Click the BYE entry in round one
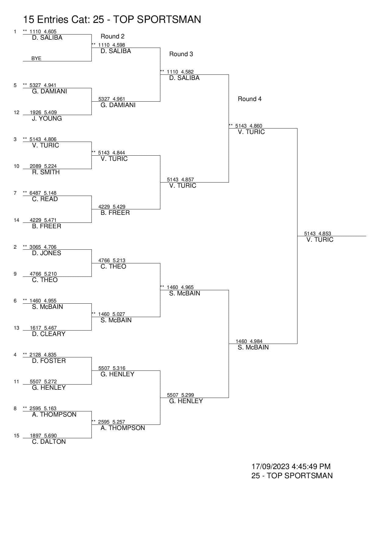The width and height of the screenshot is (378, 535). [36, 58]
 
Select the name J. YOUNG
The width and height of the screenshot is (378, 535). [47, 118]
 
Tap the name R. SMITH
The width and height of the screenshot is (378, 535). [46, 172]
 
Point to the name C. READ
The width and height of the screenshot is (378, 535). [45, 199]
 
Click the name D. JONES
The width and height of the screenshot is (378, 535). [47, 253]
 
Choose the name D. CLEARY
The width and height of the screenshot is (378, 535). [49, 334]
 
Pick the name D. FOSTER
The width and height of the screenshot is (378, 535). [49, 361]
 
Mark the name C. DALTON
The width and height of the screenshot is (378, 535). [49, 442]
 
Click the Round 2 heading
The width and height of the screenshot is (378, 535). [112, 36]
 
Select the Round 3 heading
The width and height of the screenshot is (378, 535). [181, 54]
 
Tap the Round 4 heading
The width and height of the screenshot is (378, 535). [250, 99]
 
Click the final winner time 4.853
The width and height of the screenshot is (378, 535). [325, 233]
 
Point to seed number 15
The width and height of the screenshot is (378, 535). [16, 436]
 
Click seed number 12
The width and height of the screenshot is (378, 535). [16, 112]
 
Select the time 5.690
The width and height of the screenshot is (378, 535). [50, 436]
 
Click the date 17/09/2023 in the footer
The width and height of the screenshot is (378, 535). [270, 466]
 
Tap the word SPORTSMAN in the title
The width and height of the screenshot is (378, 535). [169, 20]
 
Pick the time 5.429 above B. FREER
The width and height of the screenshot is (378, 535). [119, 207]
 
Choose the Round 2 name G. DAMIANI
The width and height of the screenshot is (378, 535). [118, 105]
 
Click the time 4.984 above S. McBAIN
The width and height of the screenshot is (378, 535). [256, 341]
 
